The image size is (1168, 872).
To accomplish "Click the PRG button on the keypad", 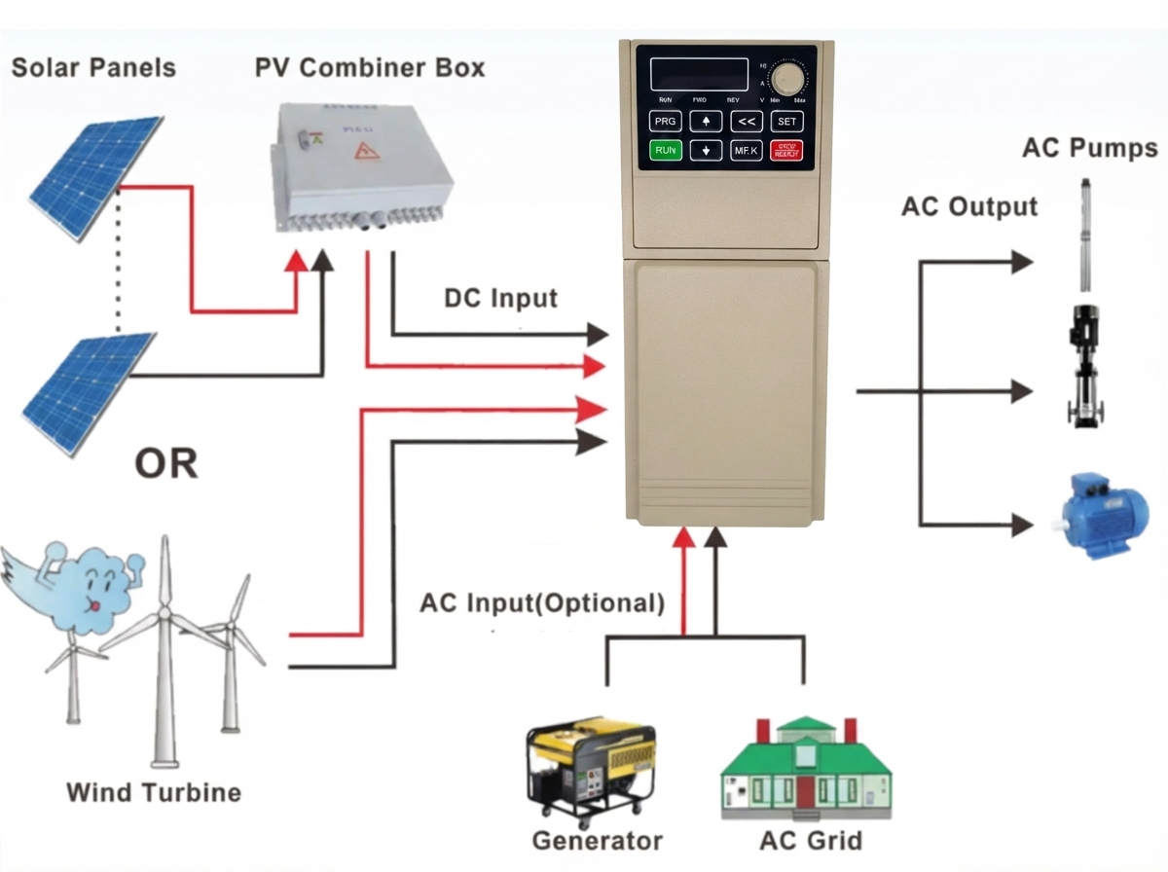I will tap(665, 122).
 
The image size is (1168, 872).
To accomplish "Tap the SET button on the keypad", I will tap(786, 122).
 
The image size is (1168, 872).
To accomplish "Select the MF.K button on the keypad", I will tap(747, 151).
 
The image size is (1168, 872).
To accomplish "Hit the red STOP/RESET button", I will tap(786, 151).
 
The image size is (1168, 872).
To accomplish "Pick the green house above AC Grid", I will tap(807, 769).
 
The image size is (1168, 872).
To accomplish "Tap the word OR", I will tap(166, 464).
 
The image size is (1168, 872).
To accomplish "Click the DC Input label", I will tap(500, 298).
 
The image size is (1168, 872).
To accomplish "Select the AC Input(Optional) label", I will tap(542, 602).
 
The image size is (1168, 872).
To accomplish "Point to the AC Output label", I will tap(969, 206).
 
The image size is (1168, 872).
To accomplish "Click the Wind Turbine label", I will tap(154, 791).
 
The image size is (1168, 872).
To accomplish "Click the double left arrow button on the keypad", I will tap(747, 122).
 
